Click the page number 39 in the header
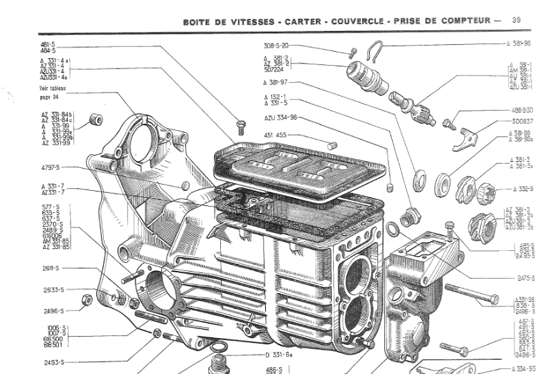516,20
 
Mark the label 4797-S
53,167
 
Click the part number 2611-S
53,268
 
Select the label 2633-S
53,290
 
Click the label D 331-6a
280,355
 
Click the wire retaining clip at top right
377,50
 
